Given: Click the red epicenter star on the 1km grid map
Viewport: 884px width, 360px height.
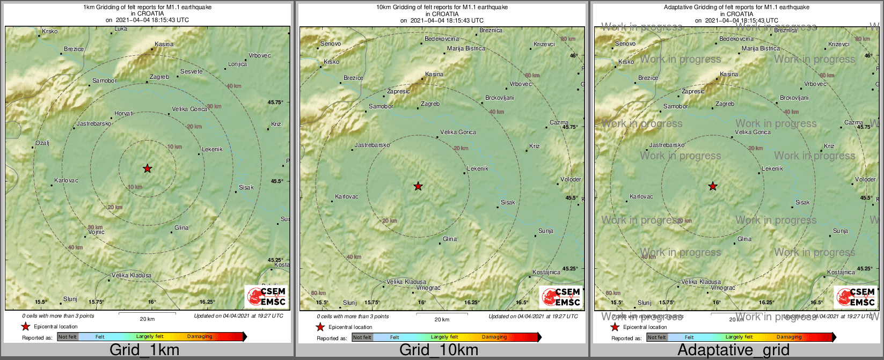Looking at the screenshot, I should tap(147, 168).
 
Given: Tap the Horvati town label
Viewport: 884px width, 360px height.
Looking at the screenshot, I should tap(124, 114).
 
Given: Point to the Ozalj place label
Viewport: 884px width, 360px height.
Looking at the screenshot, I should tap(42, 143).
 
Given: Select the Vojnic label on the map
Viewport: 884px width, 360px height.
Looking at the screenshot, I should tap(96, 232).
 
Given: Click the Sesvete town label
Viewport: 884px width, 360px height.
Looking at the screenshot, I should tap(191, 71).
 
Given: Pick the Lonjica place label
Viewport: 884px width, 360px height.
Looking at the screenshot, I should tap(237, 64).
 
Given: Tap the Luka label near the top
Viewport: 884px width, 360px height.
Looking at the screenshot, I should tap(121, 28).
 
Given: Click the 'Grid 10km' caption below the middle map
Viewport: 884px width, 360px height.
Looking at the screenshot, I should tap(439, 350).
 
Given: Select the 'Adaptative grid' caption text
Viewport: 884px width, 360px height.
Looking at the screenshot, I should tap(733, 350).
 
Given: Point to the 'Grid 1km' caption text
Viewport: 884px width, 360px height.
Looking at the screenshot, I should tap(144, 350).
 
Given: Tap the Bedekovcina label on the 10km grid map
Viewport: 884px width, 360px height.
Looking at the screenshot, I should tap(442, 39).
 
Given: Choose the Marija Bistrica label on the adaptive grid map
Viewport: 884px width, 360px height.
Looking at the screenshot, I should tap(761, 48).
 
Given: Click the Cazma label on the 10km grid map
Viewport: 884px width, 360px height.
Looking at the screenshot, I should tap(559, 122).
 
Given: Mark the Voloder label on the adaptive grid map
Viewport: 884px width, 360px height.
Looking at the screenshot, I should tap(865, 179).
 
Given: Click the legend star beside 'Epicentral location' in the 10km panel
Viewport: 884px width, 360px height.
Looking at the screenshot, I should tap(320, 327).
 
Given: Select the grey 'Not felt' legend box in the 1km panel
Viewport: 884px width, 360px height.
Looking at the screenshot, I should tap(68, 336).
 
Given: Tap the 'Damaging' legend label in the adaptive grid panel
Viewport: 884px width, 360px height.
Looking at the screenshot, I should tap(789, 337).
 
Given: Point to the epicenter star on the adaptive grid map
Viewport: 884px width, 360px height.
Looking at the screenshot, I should tap(712, 186).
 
